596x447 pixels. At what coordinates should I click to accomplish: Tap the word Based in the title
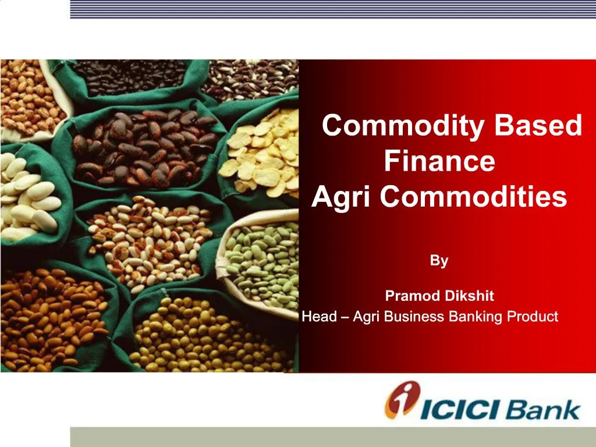pyautogui.click(x=538, y=126)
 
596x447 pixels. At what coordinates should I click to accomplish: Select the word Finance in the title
pyautogui.click(x=439, y=161)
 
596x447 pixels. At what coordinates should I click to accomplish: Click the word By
pyautogui.click(x=439, y=261)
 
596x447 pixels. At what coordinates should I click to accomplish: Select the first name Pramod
pyautogui.click(x=413, y=296)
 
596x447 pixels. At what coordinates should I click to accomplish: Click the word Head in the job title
pyautogui.click(x=320, y=317)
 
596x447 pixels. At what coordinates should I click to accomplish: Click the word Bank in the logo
pyautogui.click(x=542, y=409)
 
